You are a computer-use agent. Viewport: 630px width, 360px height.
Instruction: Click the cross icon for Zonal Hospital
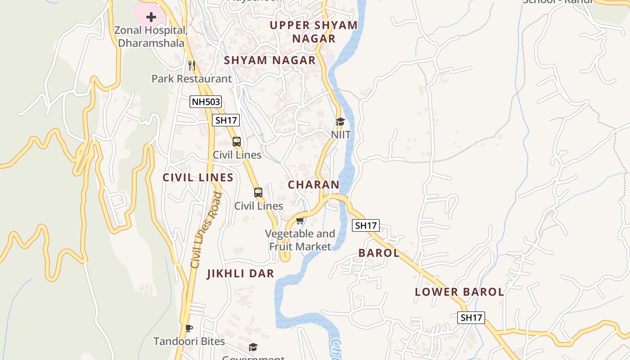pos(151,17)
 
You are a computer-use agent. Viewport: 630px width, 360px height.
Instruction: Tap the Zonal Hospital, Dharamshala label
pos(151,36)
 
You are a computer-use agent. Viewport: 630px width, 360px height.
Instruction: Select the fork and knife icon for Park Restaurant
pos(192,65)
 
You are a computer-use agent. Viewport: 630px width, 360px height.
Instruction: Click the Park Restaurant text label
pos(192,79)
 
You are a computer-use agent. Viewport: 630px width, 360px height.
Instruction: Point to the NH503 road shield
pos(206,102)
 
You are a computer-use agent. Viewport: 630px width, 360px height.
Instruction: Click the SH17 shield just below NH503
pos(226,120)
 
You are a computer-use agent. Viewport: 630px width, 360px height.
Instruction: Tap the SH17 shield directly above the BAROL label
pos(366,225)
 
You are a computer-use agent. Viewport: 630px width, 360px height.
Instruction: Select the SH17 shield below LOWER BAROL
pos(471,317)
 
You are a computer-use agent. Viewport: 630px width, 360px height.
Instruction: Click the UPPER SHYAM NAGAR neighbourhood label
pos(314,31)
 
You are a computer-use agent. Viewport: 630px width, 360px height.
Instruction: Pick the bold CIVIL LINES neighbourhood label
pos(198,178)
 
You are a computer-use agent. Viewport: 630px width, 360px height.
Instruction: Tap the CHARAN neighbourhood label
pos(314,184)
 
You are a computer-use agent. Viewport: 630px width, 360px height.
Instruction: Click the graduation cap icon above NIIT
pos(340,122)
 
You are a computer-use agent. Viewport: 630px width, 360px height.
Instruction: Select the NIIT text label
pos(341,135)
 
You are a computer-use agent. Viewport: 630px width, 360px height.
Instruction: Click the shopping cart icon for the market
pos(300,220)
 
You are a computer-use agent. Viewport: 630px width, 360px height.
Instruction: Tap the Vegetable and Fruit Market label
pos(300,240)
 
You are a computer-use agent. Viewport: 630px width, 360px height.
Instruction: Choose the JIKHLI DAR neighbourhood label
pos(240,274)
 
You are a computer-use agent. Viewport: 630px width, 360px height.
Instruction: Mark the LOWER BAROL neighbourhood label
pos(459,292)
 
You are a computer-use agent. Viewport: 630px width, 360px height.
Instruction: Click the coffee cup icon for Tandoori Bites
pos(189,328)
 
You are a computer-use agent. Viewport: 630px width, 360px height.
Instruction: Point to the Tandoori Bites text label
pos(189,341)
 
